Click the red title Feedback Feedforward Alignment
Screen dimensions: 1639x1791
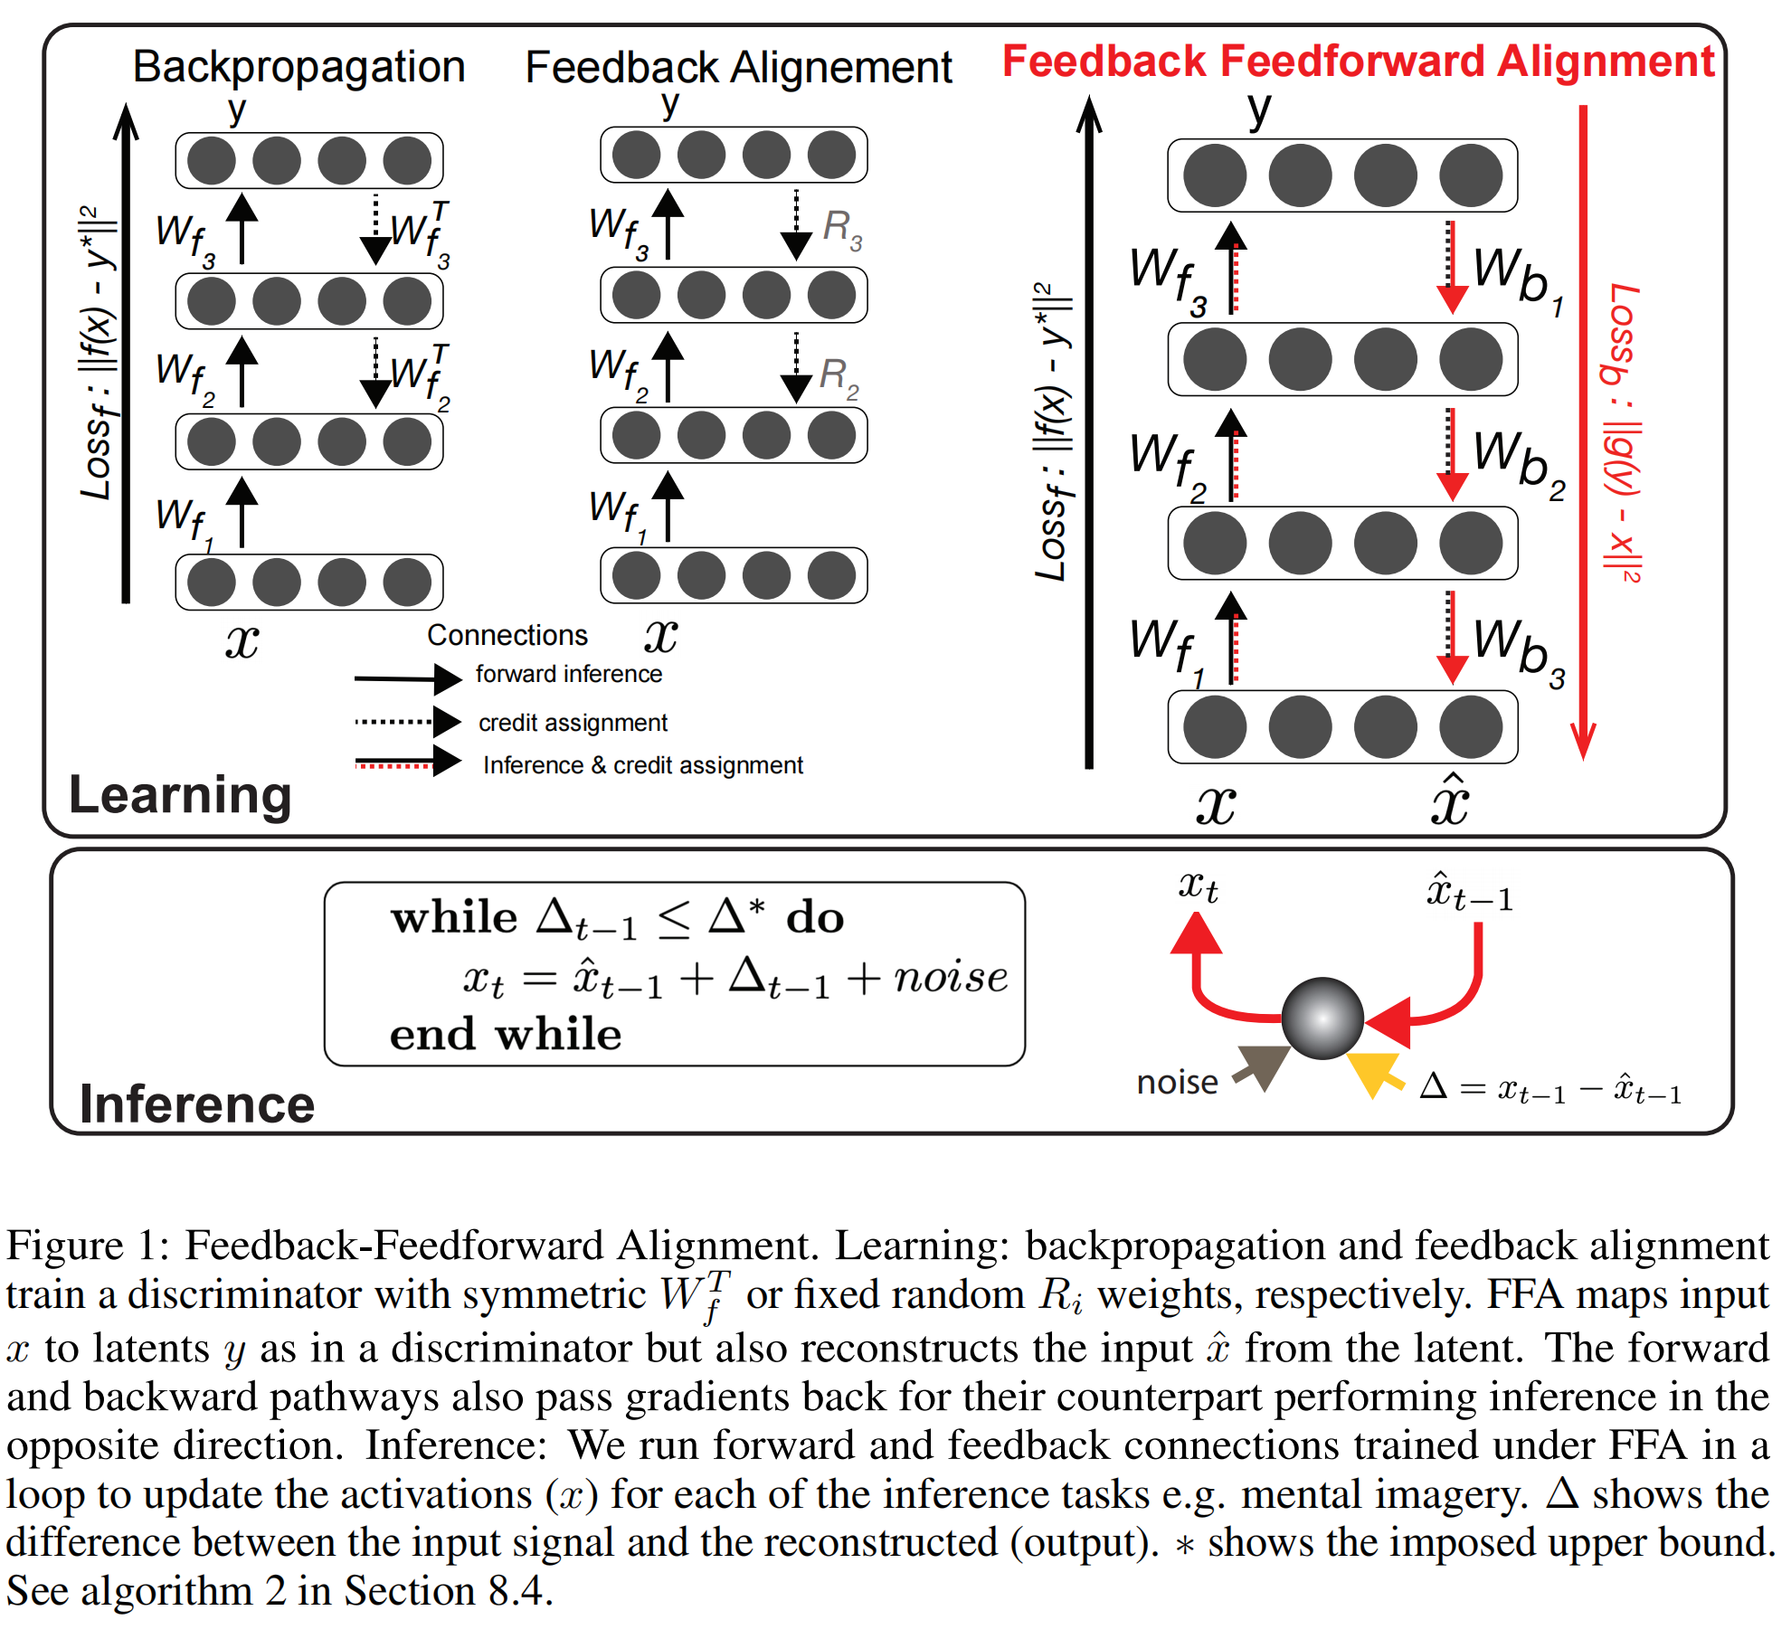coord(1358,62)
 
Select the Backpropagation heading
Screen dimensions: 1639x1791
coord(298,67)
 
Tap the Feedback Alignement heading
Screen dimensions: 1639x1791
coord(738,68)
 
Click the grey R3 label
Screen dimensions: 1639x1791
coord(841,228)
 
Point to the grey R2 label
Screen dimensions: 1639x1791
coord(838,376)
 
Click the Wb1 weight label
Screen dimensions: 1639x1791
coord(1517,278)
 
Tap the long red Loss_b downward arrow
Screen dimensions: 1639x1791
coord(1583,434)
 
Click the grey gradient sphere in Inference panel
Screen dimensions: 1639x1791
coord(1322,1018)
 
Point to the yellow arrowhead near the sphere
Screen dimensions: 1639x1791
coord(1371,1073)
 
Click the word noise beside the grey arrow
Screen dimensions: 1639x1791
coord(1177,1083)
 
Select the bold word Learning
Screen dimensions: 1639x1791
coord(180,796)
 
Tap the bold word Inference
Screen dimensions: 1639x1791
coord(197,1104)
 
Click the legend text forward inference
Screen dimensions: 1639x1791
coord(569,675)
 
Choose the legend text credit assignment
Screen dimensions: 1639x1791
coord(573,723)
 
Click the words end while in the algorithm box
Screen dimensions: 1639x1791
coord(505,1035)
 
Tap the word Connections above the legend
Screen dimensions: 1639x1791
coord(507,636)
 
